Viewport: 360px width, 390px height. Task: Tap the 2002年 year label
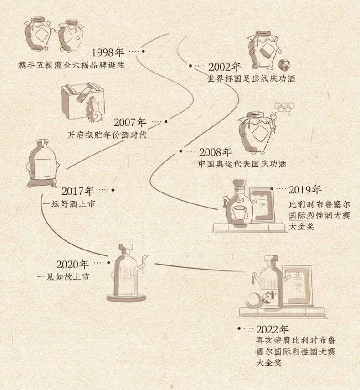click(225, 67)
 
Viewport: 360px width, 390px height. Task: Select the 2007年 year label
click(130, 123)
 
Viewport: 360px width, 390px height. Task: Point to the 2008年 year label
click(216, 151)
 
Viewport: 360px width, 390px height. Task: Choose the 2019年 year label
click(305, 189)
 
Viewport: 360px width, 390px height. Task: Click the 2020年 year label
click(73, 264)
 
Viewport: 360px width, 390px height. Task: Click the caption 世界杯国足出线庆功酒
click(251, 79)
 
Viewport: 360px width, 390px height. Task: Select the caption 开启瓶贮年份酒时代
click(107, 135)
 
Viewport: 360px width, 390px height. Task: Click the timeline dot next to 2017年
click(113, 190)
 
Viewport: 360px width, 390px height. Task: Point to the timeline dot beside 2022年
click(239, 328)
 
